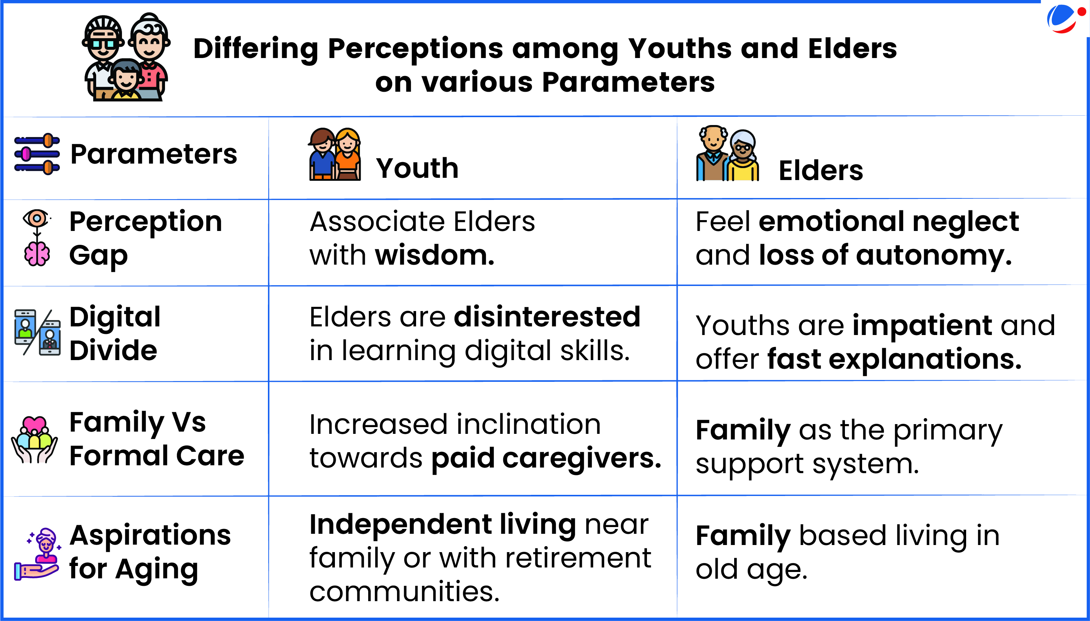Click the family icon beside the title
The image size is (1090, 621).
coord(126,57)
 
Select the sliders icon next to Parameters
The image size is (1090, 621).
coord(37,154)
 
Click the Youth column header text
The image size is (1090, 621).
coord(417,168)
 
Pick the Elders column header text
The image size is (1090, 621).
coord(821,171)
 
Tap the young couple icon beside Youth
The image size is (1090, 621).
coord(335,154)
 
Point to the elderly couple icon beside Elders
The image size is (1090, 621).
coord(727,153)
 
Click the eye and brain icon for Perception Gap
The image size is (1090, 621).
coord(37,238)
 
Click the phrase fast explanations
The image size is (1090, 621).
coord(894,359)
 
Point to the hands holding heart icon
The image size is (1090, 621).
coord(34,440)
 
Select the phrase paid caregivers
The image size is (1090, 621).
coord(546,459)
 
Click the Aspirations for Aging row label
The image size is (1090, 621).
coord(150,553)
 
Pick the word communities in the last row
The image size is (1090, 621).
coord(404,592)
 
